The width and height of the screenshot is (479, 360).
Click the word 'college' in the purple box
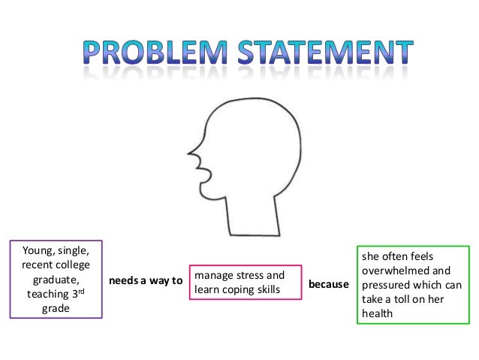point(74,265)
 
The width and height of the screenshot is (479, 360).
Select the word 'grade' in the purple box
point(55,308)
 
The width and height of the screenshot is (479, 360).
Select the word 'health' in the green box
point(378,313)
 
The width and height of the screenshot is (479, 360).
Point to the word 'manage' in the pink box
point(214,276)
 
